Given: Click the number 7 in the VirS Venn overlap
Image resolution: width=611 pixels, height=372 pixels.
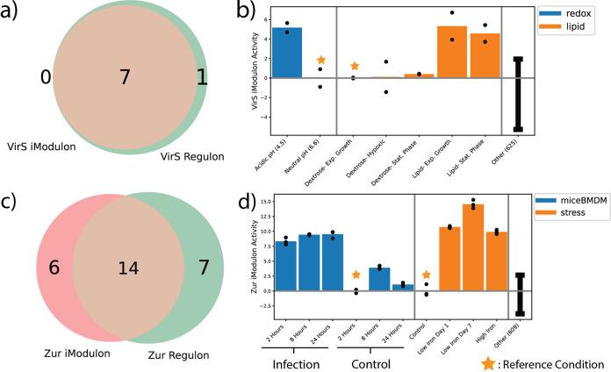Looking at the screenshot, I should (125, 78).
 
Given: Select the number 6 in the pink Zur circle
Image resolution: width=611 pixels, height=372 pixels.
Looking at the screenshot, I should (54, 267).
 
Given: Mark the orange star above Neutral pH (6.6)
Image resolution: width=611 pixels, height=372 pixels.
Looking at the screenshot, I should (320, 60).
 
